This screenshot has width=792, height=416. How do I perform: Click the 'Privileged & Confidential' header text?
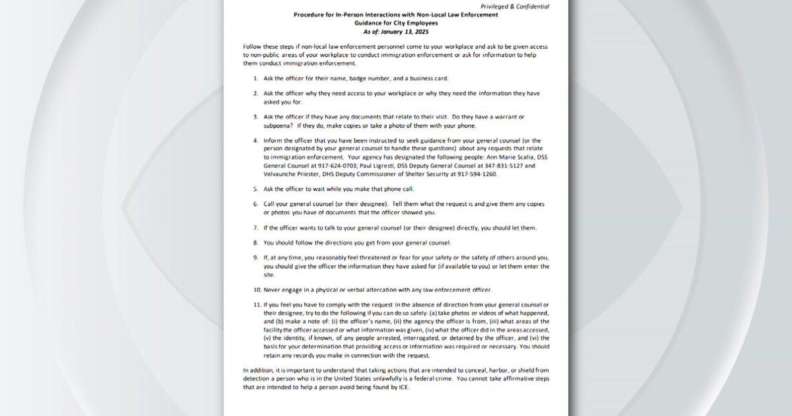[514, 6]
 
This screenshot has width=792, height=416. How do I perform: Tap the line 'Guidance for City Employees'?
[395, 22]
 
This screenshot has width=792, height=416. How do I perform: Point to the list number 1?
[255, 78]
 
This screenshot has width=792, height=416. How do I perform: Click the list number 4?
[255, 141]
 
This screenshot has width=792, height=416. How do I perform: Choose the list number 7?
[255, 228]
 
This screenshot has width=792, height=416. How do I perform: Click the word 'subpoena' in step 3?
[278, 125]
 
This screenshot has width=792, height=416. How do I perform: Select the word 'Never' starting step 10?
[273, 290]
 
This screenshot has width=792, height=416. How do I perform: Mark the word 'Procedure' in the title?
[310, 14]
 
